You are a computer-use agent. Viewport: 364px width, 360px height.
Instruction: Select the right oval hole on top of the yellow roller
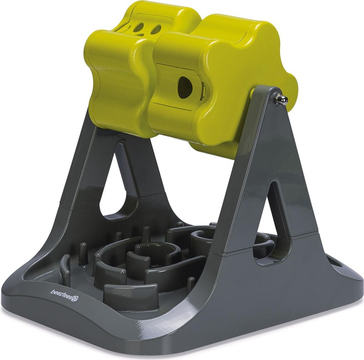click(x=156, y=28)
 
